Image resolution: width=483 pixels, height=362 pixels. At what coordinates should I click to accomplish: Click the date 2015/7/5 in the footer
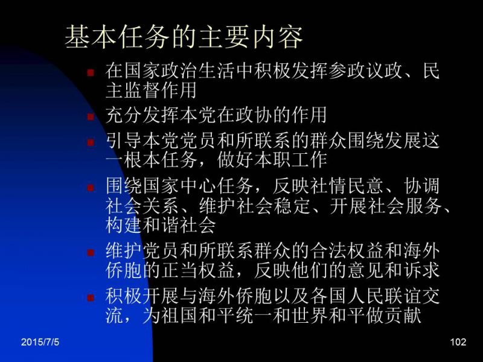click(x=40, y=342)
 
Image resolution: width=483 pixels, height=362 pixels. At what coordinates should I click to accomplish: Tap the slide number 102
click(x=458, y=342)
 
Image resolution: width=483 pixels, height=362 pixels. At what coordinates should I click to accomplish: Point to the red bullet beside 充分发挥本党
click(x=91, y=117)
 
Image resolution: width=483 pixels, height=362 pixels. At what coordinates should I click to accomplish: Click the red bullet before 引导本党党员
click(x=91, y=142)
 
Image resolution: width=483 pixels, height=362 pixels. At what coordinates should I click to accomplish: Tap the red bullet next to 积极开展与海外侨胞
click(x=91, y=297)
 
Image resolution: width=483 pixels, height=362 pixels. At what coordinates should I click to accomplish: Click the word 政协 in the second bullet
click(x=254, y=115)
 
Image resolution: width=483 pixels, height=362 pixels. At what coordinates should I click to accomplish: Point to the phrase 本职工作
click(x=291, y=160)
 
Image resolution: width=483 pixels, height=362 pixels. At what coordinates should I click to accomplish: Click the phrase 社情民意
click(x=347, y=186)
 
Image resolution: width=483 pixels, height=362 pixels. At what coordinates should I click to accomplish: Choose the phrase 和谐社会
click(x=179, y=225)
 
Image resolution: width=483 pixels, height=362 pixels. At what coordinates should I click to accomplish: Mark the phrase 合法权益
click(x=347, y=251)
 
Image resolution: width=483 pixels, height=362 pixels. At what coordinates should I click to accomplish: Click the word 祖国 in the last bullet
click(x=179, y=315)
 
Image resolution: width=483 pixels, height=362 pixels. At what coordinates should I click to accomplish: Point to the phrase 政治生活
click(x=198, y=71)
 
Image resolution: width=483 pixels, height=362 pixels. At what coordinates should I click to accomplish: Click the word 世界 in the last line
click(x=310, y=315)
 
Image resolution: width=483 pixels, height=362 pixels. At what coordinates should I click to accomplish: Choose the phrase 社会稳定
click(x=273, y=206)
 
